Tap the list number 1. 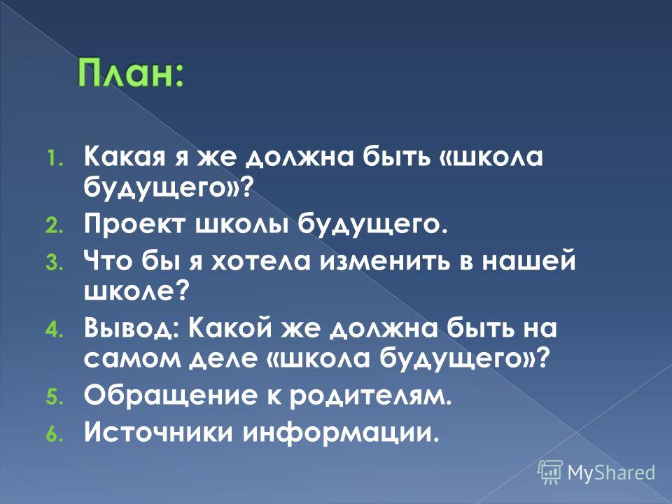coord(54,159)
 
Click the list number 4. coord(54,330)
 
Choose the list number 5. coord(54,398)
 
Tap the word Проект coord(135,225)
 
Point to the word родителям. coord(370,395)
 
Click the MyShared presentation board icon coord(550,472)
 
